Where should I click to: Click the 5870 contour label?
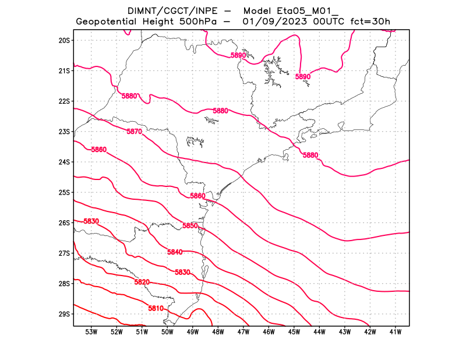(x=135, y=132)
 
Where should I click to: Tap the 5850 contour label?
(x=190, y=225)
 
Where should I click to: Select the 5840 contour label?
(x=175, y=252)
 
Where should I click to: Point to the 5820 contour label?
(x=142, y=282)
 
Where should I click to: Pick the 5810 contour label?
(x=156, y=308)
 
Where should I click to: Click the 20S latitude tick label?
(x=64, y=40)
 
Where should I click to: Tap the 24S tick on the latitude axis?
(x=64, y=162)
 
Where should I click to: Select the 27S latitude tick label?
(x=64, y=253)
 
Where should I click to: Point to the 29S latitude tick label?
(x=64, y=314)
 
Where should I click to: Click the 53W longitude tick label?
(x=91, y=332)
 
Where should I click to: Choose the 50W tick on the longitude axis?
(x=167, y=332)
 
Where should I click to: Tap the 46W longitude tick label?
(x=269, y=332)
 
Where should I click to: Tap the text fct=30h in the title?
(x=370, y=22)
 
